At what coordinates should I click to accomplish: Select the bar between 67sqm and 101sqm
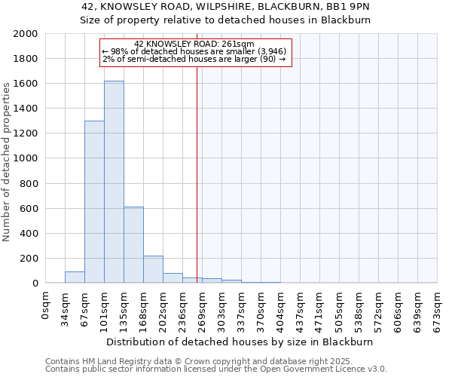click(x=94, y=202)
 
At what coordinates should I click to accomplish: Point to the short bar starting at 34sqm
click(x=75, y=277)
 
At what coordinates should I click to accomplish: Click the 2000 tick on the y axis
click(x=25, y=34)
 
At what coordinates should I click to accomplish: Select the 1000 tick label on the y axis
click(x=25, y=158)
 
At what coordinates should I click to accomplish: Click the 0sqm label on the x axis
click(x=46, y=302)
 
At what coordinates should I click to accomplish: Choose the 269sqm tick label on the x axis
click(x=203, y=306)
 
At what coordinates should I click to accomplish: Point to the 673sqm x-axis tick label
click(x=438, y=306)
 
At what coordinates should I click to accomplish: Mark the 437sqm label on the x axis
click(x=301, y=306)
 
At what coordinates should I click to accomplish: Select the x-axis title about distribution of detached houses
click(x=240, y=342)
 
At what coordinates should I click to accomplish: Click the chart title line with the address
click(x=225, y=7)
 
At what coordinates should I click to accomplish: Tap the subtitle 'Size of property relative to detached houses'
click(x=225, y=20)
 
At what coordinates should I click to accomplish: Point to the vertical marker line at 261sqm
click(x=197, y=166)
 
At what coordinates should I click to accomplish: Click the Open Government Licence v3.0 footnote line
click(x=216, y=369)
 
